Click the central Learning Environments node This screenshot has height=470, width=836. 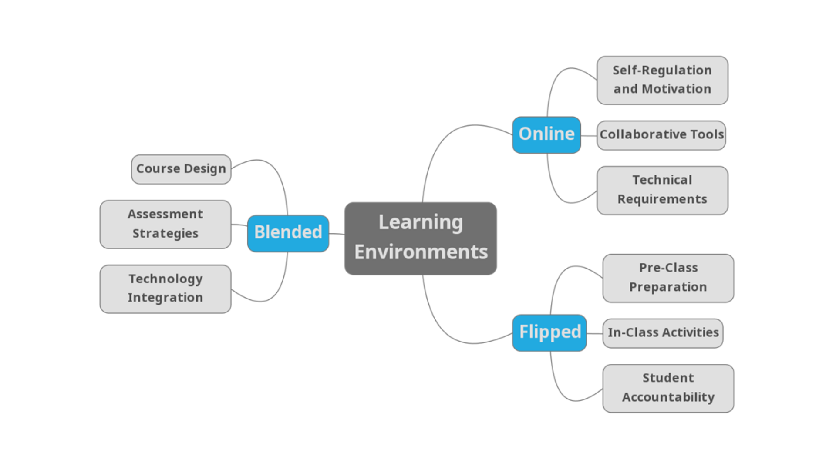[x=420, y=238]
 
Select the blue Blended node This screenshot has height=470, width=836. [x=288, y=233]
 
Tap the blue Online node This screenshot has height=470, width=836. [x=546, y=134]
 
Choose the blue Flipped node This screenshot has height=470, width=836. [x=549, y=332]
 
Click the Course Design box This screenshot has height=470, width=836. [x=181, y=169]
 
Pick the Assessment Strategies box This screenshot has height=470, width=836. [x=165, y=224]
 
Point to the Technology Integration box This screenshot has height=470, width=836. [x=165, y=289]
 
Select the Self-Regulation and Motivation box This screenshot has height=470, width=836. [x=662, y=80]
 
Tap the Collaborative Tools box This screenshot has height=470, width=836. [x=661, y=135]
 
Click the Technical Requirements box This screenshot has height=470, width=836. [x=662, y=190]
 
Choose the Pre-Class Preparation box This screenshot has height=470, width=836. [x=668, y=278]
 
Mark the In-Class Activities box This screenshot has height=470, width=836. [x=663, y=333]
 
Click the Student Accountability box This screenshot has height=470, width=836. [x=668, y=388]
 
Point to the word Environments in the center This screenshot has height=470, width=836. [x=421, y=252]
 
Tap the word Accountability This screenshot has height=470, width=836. [x=668, y=397]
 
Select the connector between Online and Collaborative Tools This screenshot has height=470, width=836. [x=589, y=136]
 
